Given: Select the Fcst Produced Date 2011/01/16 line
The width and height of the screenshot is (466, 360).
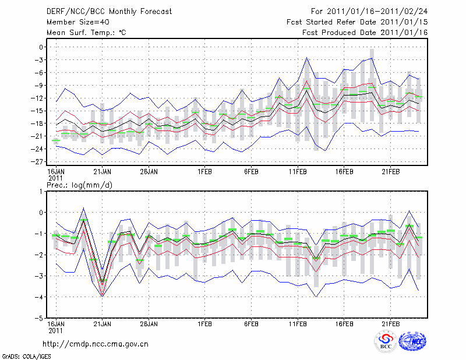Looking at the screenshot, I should coord(365,33).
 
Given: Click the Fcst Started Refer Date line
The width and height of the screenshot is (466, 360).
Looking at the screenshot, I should coord(357,22).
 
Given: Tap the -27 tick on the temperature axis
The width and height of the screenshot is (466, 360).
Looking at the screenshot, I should coord(38,162).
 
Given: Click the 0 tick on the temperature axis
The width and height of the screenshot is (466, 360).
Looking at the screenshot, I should coord(41,47).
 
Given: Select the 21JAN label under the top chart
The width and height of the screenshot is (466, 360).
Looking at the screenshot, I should coord(102,172).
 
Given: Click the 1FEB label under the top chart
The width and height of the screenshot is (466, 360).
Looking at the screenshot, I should coord(204,172).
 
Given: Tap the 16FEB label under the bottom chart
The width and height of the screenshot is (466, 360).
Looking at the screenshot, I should coord(344,323).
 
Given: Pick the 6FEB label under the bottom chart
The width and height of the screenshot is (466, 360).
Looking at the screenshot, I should coord(251,323).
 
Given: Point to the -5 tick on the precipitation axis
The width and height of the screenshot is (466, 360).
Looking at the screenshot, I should coord(38,319).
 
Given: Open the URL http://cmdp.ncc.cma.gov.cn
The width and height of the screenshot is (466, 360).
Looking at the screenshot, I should coord(96,344).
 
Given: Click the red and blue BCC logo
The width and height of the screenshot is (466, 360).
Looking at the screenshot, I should coord(386,342).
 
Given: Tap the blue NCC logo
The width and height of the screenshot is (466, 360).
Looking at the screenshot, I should coord(412,342).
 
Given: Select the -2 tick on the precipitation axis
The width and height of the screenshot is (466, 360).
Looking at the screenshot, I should coord(38,255).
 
